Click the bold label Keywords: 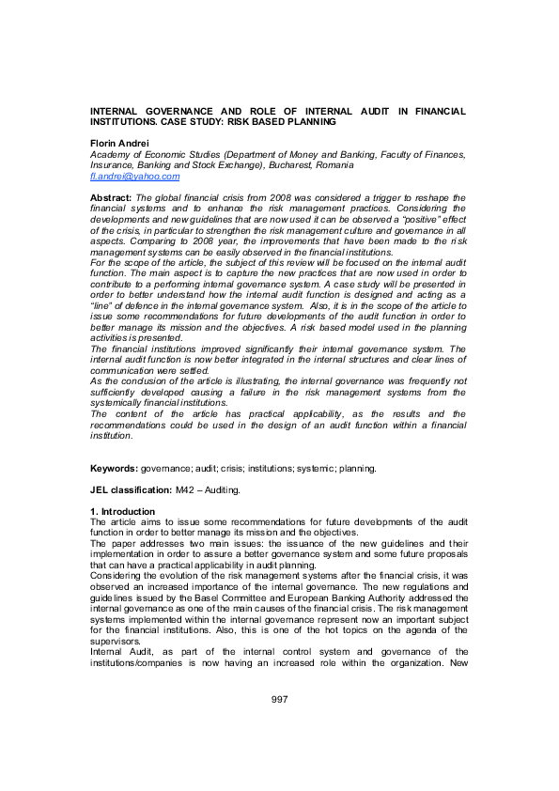pyautogui.click(x=114, y=467)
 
